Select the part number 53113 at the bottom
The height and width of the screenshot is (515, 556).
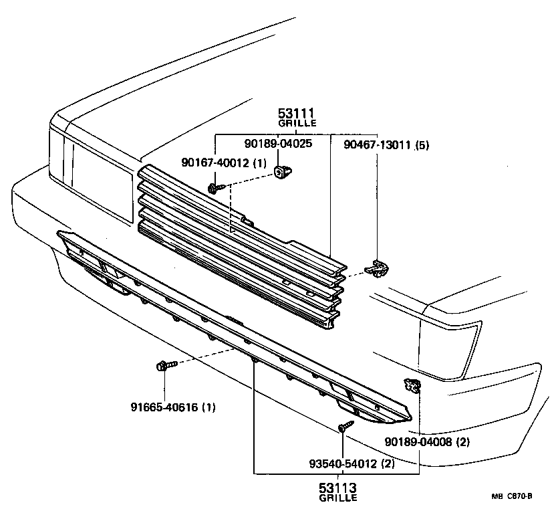coord(337,487)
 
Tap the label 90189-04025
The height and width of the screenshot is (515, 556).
coord(278,143)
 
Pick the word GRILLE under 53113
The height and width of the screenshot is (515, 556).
coord(337,498)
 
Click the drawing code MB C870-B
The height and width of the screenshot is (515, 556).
coord(512,496)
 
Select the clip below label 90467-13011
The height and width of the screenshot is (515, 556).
coord(376,268)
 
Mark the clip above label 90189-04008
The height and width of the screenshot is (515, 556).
coord(410,385)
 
